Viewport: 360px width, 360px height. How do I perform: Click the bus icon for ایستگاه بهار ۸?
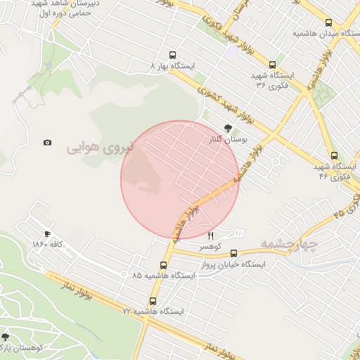click(172, 55)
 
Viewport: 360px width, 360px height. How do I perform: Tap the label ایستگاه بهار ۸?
click(172, 65)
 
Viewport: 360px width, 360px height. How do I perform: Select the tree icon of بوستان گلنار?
click(227, 129)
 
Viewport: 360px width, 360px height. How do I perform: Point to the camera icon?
click(47, 142)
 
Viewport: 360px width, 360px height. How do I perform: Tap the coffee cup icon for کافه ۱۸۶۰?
click(47, 233)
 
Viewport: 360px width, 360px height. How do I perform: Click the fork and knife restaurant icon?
click(210, 236)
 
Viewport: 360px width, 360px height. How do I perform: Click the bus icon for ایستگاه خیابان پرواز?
click(233, 253)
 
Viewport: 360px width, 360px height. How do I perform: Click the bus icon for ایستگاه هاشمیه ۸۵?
click(164, 265)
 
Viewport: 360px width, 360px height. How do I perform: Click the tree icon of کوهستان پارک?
click(6, 337)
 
